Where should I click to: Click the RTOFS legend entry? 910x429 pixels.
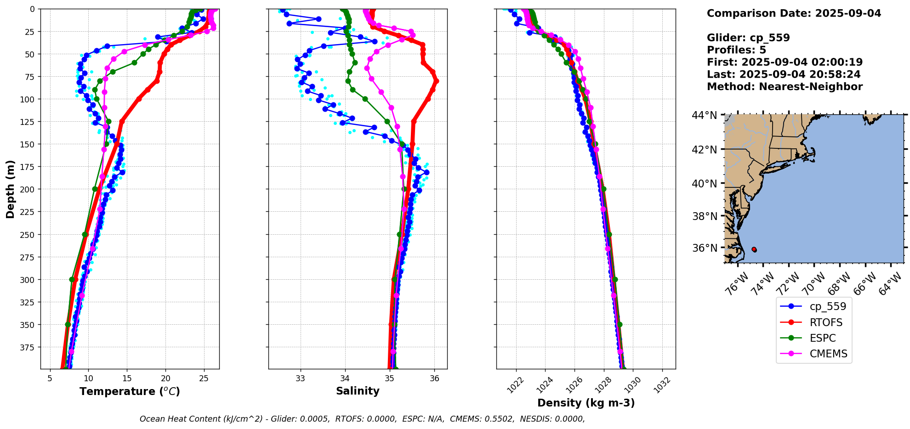(826, 322)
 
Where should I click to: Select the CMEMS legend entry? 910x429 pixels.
(828, 354)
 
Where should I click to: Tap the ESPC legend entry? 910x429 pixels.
(823, 338)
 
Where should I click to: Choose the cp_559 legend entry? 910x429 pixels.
(828, 306)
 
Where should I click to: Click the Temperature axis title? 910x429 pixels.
(130, 392)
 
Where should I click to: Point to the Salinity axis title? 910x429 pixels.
(358, 391)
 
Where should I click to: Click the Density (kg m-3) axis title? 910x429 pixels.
(586, 403)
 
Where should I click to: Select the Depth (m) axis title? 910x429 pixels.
(11, 189)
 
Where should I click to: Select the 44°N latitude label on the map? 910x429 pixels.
(705, 115)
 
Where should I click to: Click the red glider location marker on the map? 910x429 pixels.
(754, 249)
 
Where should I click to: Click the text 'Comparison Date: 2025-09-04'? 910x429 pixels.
(794, 13)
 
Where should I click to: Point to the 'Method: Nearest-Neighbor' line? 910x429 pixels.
(785, 87)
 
